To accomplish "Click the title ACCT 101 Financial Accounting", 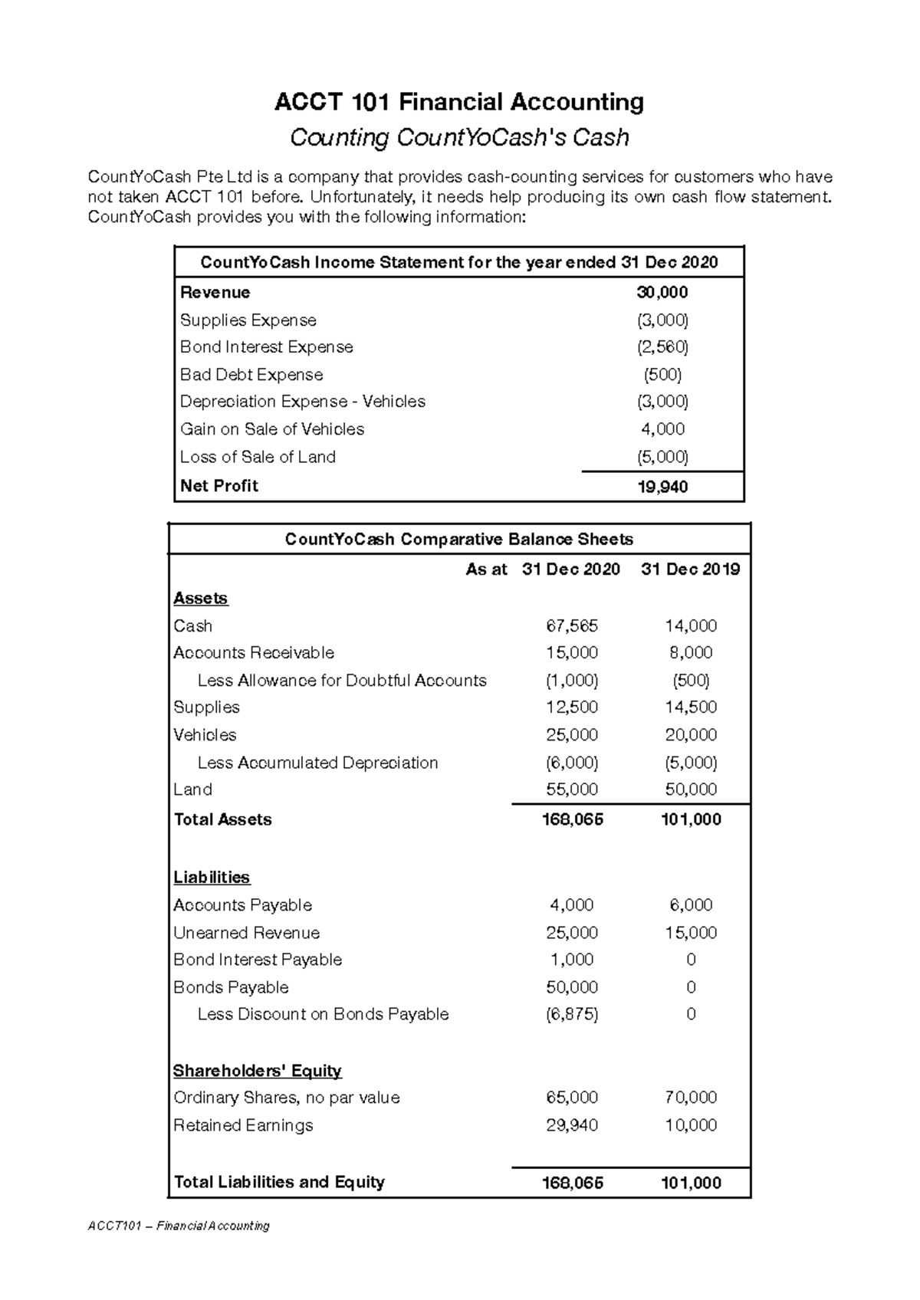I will click(x=458, y=102).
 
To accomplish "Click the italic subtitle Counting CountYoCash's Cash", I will click(x=458, y=138).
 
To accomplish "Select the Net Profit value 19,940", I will click(x=662, y=487).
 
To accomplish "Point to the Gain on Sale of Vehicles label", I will click(x=271, y=429).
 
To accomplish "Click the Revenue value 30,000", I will click(x=662, y=293).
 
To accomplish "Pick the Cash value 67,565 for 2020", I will click(x=571, y=626).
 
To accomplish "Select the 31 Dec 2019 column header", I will click(x=690, y=570).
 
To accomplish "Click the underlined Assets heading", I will click(x=200, y=599).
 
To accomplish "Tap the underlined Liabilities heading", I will click(x=212, y=878).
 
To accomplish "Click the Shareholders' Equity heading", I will click(x=257, y=1071).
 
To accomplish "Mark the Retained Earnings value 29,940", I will click(x=571, y=1125).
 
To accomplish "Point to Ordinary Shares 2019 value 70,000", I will click(x=691, y=1098).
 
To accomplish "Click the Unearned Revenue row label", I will click(x=246, y=933).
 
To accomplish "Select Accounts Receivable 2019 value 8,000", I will click(x=691, y=653).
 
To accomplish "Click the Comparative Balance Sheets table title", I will click(x=458, y=540).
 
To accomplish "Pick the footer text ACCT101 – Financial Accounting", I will click(x=179, y=1226).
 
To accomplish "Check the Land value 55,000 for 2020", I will click(x=571, y=790).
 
